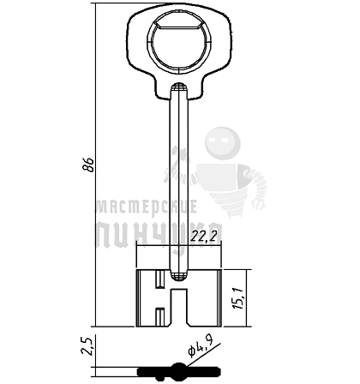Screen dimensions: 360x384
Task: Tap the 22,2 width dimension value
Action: click(x=207, y=236)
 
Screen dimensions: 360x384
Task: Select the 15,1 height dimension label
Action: click(x=238, y=297)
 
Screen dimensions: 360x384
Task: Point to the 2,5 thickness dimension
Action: click(x=87, y=345)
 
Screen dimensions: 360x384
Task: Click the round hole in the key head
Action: click(x=179, y=47)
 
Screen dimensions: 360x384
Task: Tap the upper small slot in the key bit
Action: click(x=159, y=279)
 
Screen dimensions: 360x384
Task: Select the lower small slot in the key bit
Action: click(x=159, y=316)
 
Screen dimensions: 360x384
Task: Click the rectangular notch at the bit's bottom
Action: click(x=179, y=308)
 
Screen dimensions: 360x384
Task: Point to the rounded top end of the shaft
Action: click(x=179, y=87)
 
